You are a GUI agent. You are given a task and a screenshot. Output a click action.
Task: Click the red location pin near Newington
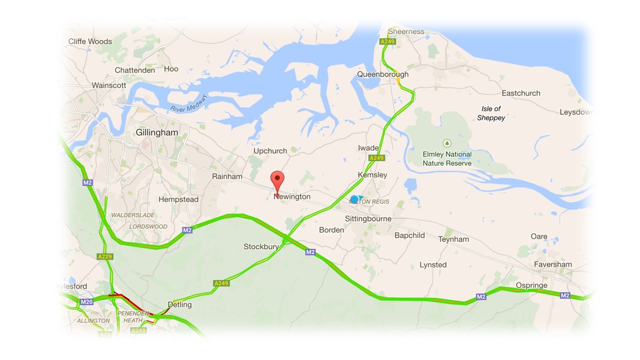(x=277, y=180)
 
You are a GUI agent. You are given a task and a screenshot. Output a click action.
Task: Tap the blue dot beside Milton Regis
(x=354, y=199)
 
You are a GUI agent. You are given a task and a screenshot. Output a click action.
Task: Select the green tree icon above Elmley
(x=447, y=143)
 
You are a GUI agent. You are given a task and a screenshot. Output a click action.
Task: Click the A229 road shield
(x=105, y=256)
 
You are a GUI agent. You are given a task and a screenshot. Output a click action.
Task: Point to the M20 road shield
(x=86, y=301)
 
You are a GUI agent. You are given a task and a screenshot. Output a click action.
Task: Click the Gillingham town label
(x=156, y=133)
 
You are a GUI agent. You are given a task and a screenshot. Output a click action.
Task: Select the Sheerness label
(x=406, y=31)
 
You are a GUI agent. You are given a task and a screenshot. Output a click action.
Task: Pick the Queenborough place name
(x=382, y=74)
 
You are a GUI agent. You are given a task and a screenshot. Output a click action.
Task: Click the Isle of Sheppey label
(x=491, y=113)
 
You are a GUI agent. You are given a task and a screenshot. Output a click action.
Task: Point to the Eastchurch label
(x=521, y=93)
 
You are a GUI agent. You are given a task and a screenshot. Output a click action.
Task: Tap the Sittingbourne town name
(x=368, y=219)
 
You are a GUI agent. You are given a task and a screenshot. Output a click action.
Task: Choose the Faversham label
(x=552, y=264)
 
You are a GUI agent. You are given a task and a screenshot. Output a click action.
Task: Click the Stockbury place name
(x=261, y=246)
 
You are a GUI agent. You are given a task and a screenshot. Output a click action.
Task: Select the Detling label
(x=179, y=304)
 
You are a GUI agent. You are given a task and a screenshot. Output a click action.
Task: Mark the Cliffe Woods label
(x=90, y=41)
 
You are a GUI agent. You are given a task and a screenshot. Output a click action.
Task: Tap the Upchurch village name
(x=270, y=150)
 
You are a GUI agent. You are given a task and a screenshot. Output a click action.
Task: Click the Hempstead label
(x=178, y=199)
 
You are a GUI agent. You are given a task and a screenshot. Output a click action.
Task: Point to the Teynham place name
(x=453, y=239)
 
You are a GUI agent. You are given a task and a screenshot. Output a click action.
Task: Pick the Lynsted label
(x=433, y=265)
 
